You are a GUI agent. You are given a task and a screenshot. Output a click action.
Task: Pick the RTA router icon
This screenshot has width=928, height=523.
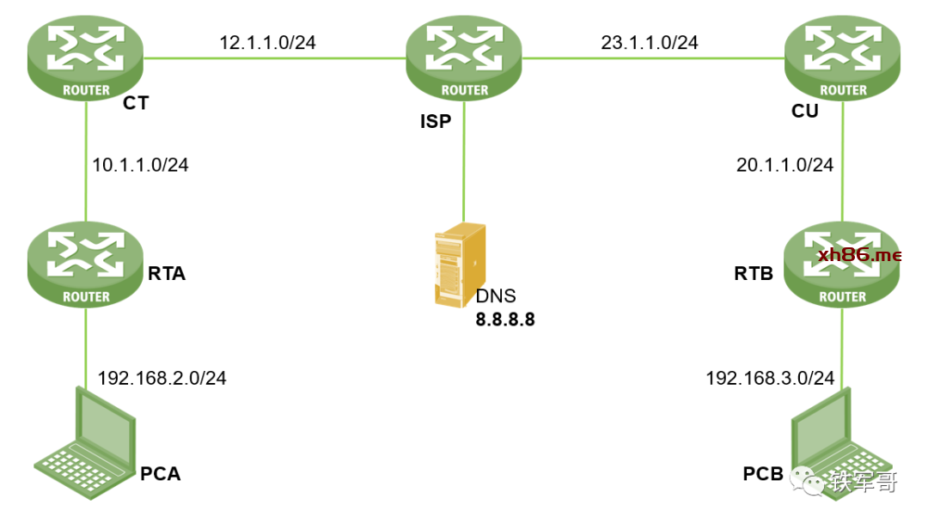[86, 266]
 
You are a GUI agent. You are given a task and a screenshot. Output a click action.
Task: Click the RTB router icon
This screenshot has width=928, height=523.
[843, 266]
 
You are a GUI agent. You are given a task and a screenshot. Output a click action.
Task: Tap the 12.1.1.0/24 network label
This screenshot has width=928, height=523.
[267, 42]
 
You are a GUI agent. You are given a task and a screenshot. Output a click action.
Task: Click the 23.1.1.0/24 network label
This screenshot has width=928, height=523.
[649, 42]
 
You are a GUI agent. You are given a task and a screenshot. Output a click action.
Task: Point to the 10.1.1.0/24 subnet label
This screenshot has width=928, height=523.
[140, 165]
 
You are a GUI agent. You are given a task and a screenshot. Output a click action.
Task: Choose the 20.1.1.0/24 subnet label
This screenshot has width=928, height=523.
[785, 165]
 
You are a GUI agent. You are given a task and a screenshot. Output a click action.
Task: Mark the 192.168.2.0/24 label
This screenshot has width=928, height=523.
[162, 378]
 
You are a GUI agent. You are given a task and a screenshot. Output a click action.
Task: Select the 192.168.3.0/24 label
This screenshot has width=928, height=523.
[770, 378]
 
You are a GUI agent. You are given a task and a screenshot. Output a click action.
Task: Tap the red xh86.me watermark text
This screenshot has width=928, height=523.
[859, 254]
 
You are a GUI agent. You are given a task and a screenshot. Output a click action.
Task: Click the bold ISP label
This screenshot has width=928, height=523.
[435, 121]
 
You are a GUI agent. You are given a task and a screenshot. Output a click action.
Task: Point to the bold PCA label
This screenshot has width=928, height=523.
[161, 473]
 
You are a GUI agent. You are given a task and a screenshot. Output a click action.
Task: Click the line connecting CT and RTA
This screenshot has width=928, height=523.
[86, 163]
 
